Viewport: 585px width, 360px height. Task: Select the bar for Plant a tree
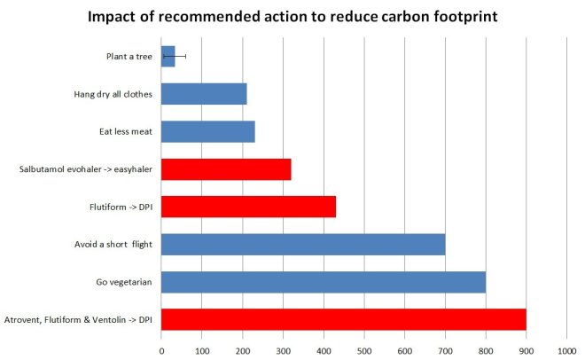click(168, 57)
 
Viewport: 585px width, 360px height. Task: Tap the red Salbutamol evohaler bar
click(226, 168)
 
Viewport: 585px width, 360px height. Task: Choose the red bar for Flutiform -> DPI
click(248, 207)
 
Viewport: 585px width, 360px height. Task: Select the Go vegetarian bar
click(324, 282)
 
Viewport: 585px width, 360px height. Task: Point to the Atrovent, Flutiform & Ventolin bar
click(344, 319)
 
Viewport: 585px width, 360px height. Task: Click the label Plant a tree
click(129, 57)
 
